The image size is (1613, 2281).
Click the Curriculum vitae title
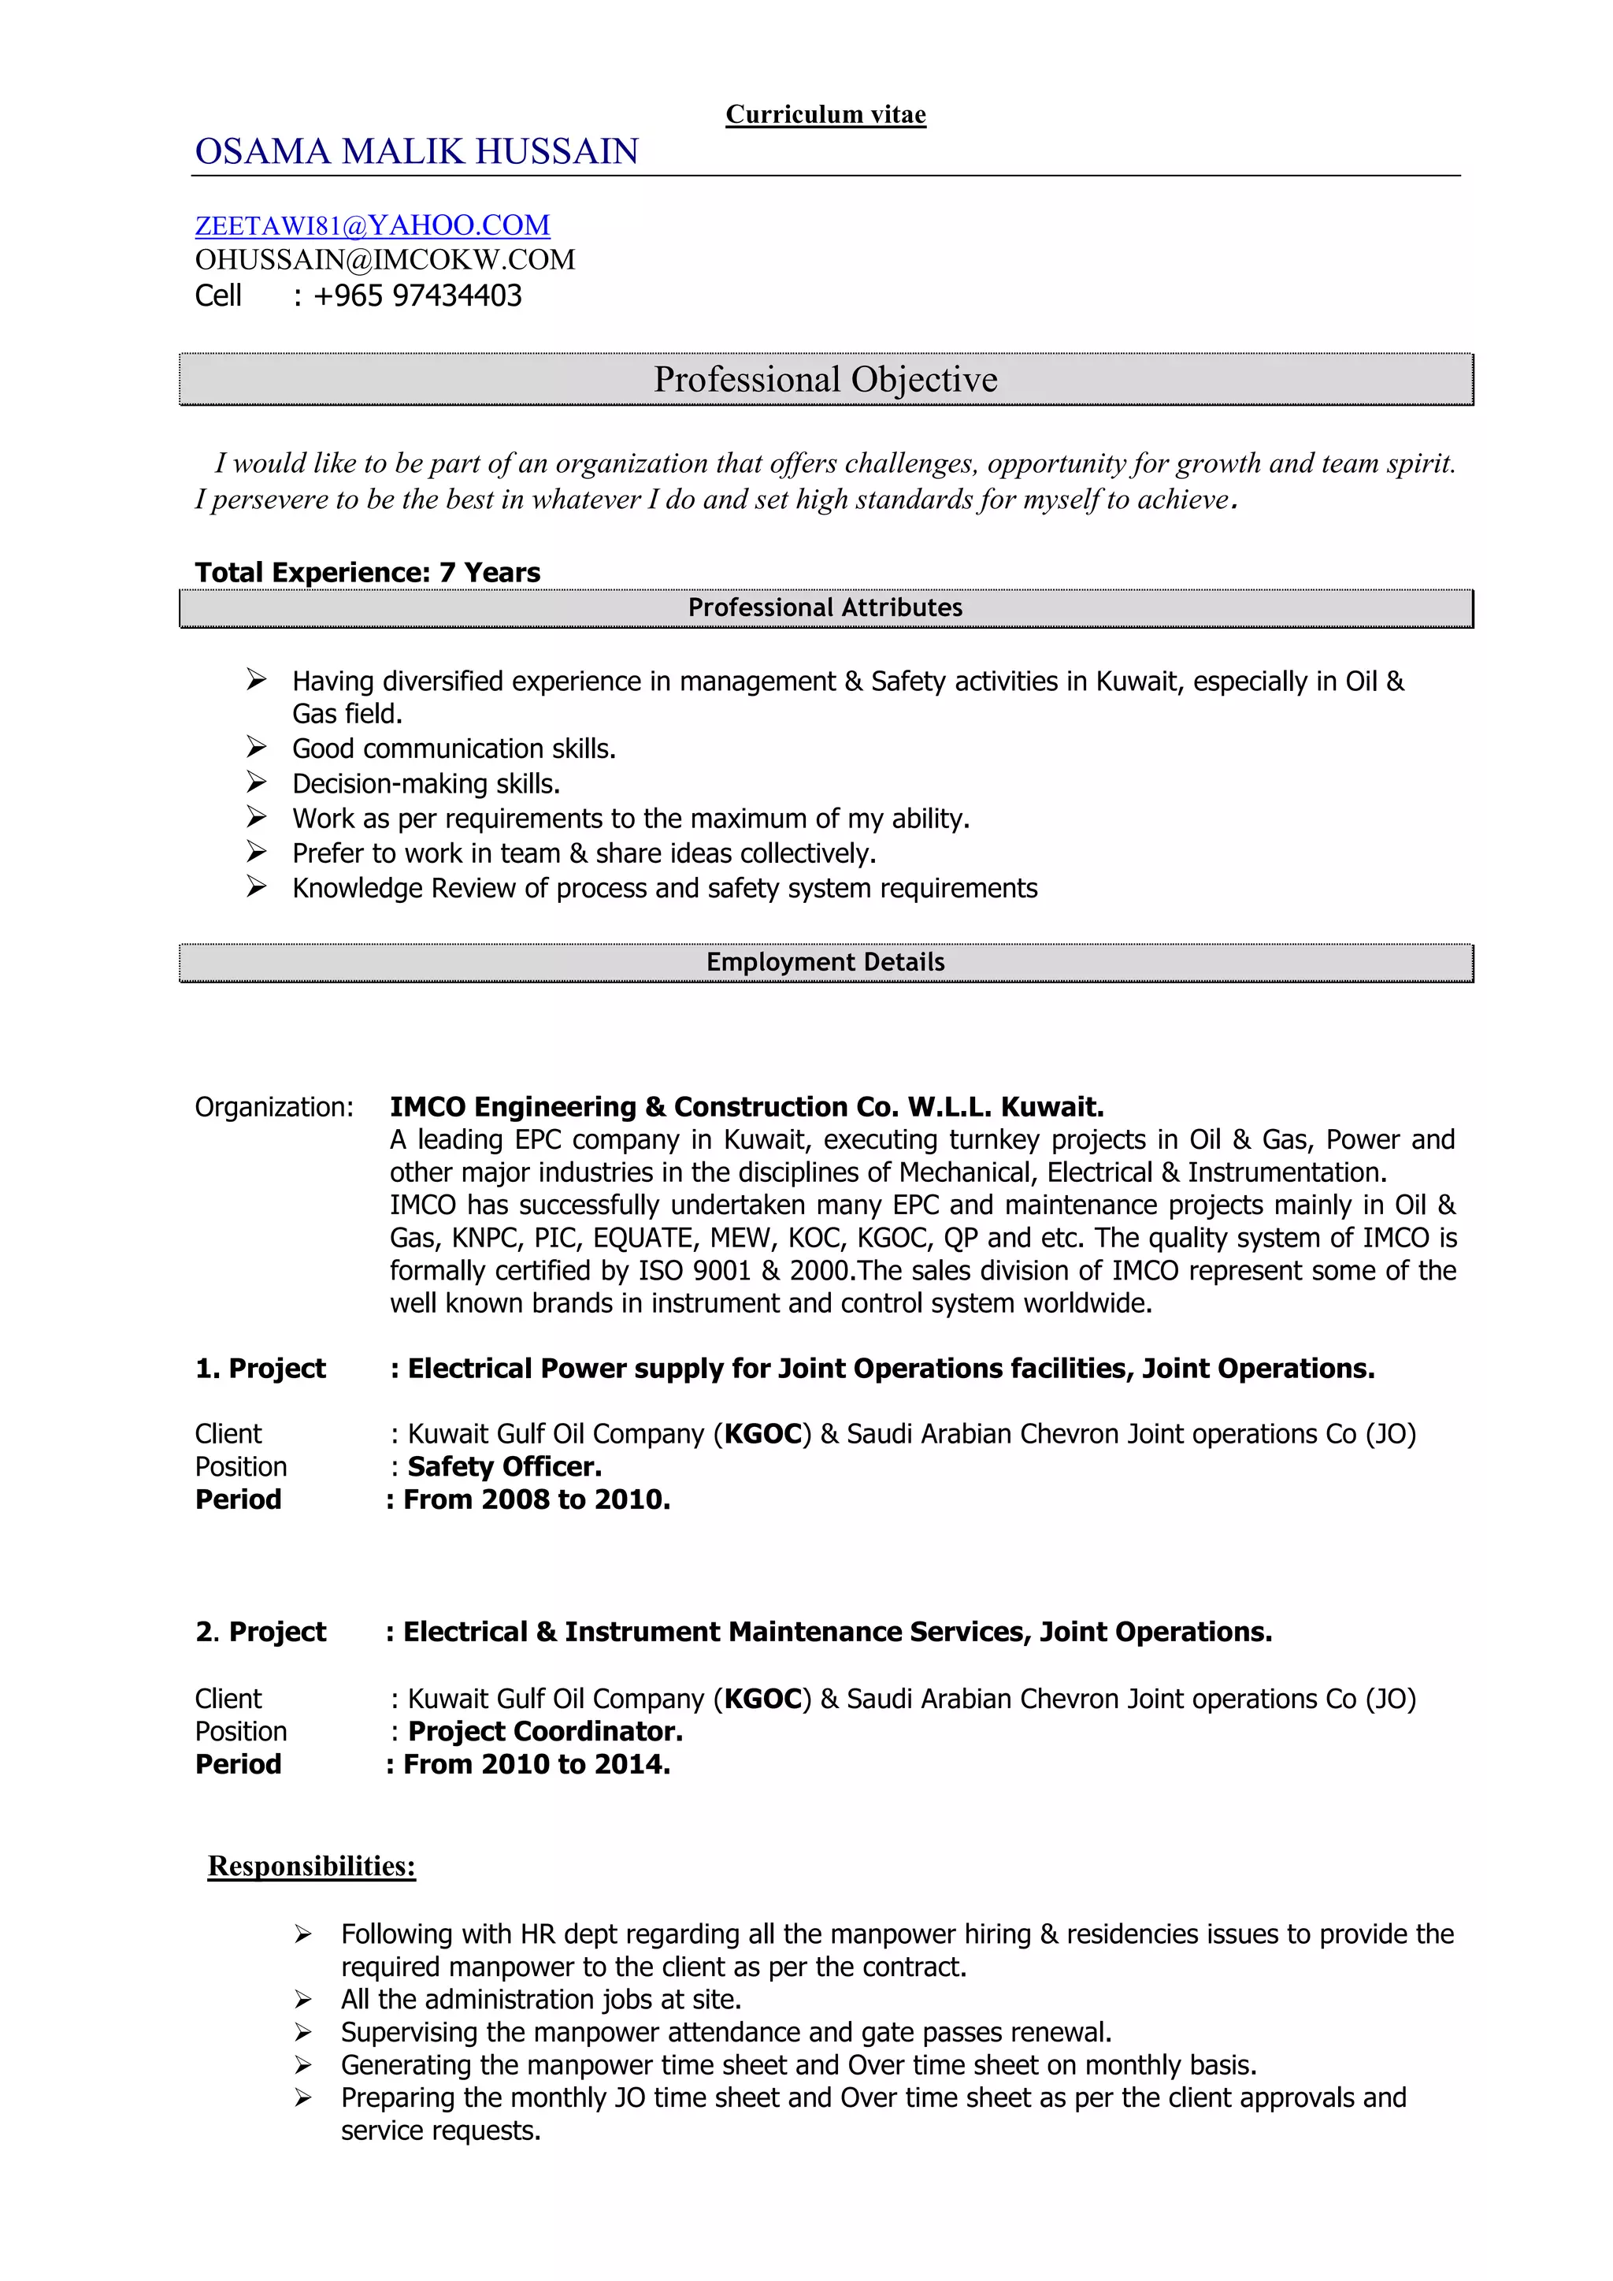(x=825, y=115)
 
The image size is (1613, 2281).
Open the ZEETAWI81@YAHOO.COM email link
(x=372, y=225)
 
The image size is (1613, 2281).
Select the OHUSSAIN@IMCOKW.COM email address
(x=384, y=260)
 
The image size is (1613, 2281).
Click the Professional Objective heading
(x=825, y=380)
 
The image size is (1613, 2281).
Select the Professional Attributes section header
(x=825, y=608)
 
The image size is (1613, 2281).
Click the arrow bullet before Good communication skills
(x=256, y=747)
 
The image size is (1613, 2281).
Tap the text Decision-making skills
(x=426, y=784)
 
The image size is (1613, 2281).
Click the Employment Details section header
(x=825, y=963)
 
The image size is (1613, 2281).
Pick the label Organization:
(x=274, y=1108)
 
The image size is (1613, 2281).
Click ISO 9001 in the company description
(x=694, y=1272)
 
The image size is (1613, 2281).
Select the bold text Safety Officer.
(x=505, y=1467)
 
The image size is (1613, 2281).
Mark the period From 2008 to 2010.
(x=536, y=1500)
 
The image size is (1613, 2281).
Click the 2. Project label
(x=260, y=1633)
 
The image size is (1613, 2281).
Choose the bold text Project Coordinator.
(x=545, y=1732)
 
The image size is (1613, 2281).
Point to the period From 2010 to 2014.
(x=536, y=1764)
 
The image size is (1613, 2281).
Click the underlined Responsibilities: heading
(x=311, y=1867)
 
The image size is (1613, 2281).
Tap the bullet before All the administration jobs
(x=303, y=1999)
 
